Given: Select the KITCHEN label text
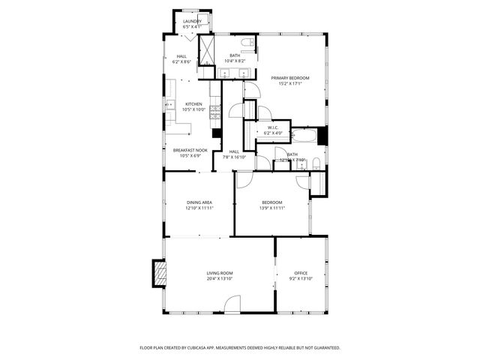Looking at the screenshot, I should point(193,104).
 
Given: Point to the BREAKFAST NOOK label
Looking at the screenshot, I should point(190,150).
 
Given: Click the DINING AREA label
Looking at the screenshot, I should point(199,202).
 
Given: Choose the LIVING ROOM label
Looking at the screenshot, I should point(220,273).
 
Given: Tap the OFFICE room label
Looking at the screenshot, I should point(301,273).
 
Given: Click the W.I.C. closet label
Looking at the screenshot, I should point(274,127).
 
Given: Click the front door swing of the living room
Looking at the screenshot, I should point(232,304).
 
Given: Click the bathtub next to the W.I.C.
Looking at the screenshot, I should point(304,136).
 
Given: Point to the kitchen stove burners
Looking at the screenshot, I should point(214,112).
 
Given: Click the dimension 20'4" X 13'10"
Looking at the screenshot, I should point(220,279).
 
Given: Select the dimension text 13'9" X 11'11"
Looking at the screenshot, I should point(272,208).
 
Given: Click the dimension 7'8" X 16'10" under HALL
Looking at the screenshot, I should point(235,157).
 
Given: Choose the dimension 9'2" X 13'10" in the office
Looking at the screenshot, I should point(301,279).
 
